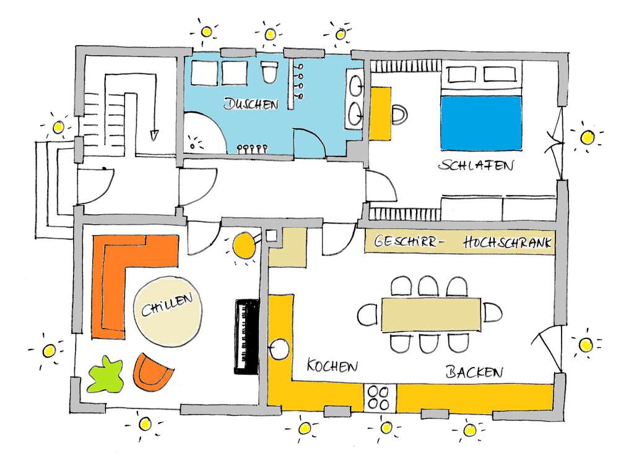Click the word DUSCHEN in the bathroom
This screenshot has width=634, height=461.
(251, 104)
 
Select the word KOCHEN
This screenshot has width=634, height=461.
(332, 366)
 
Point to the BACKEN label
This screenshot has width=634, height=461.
(474, 372)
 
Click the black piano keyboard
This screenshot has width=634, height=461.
(246, 337)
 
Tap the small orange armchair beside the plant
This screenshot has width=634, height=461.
(152, 371)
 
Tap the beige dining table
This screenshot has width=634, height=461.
(431, 315)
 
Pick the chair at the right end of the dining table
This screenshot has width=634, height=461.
(492, 312)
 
